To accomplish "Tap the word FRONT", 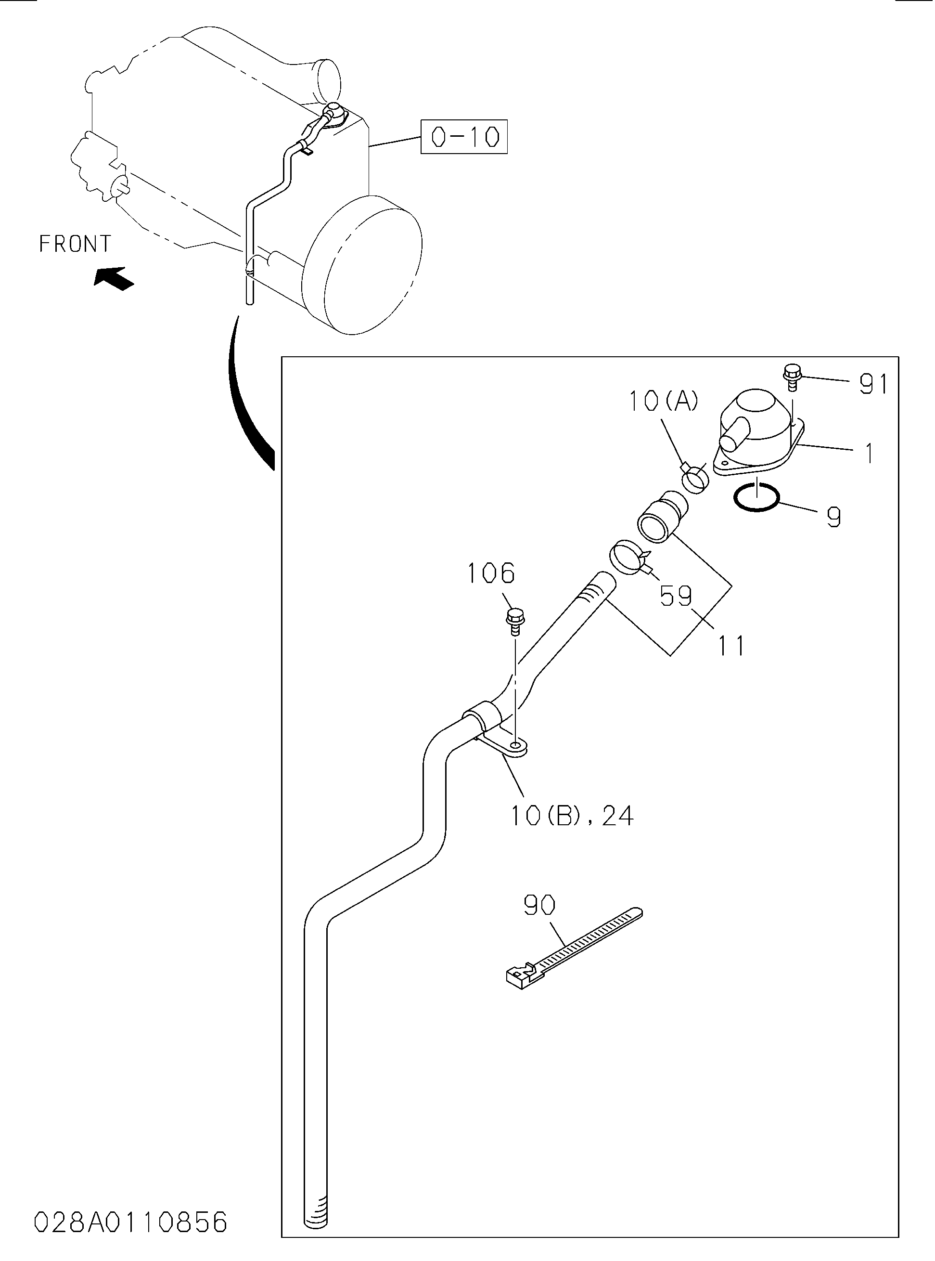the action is coord(75,244).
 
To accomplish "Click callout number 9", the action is coord(833,517).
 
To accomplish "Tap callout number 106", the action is coord(491,573).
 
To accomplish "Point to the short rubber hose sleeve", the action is coord(663,518).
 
